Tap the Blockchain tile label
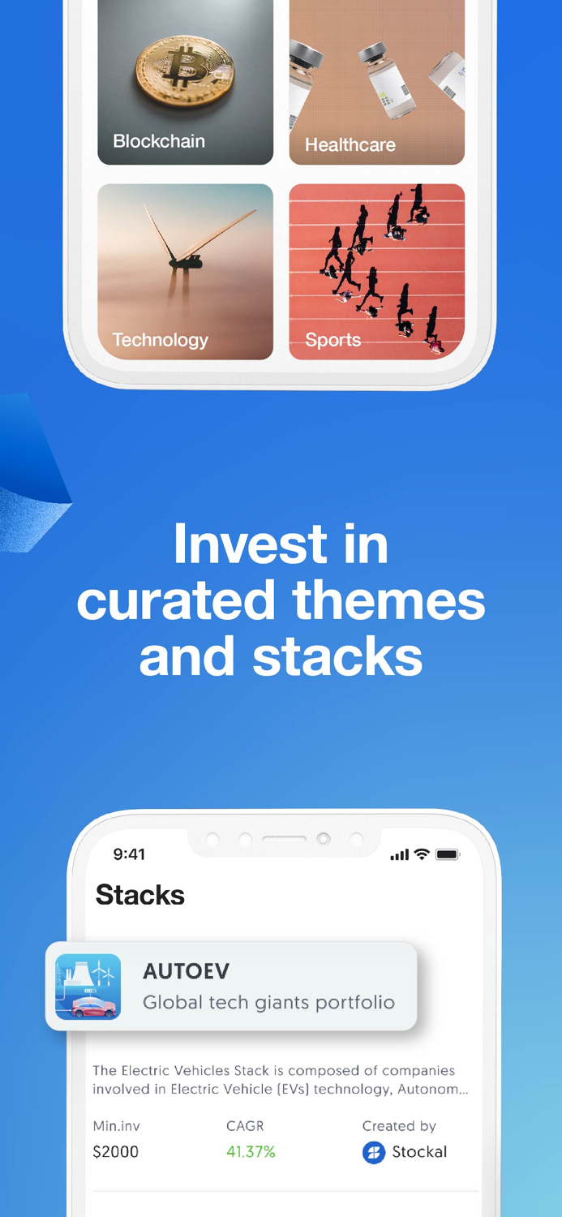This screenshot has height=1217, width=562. (x=159, y=141)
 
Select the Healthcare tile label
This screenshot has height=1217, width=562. (x=350, y=145)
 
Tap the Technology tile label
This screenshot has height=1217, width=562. (x=160, y=340)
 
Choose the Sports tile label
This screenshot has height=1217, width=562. (x=332, y=340)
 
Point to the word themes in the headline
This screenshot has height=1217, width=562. (x=388, y=600)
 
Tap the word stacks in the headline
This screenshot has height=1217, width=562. (x=337, y=657)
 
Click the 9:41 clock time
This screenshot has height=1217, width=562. (x=129, y=854)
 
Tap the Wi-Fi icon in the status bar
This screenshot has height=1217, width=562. (x=422, y=854)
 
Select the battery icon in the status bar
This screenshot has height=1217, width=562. (x=448, y=854)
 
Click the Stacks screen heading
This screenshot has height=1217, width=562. (x=140, y=895)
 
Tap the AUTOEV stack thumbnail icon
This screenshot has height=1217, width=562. (x=88, y=987)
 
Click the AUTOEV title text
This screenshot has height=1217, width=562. (x=186, y=971)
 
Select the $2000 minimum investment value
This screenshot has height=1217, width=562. (x=116, y=1152)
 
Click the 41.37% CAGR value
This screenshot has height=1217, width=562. (x=251, y=1152)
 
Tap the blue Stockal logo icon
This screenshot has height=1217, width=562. (x=374, y=1152)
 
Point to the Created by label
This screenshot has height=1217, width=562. (x=399, y=1126)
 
